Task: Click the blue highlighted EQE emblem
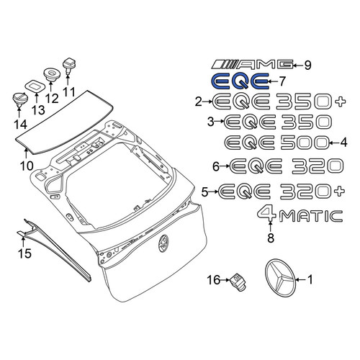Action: click(240, 81)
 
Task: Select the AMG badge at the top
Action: click(253, 64)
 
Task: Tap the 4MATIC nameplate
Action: click(300, 215)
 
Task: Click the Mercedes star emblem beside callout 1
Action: click(279, 278)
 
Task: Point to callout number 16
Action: click(214, 279)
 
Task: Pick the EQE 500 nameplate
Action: click(276, 143)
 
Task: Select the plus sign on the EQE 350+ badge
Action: click(341, 102)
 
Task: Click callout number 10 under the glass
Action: click(27, 166)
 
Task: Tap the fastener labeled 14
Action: click(19, 99)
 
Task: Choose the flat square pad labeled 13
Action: click(35, 86)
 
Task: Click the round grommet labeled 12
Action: click(51, 74)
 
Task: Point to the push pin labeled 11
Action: click(69, 65)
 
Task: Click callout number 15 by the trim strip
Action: click(24, 253)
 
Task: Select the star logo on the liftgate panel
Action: click(163, 243)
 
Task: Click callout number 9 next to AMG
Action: click(307, 65)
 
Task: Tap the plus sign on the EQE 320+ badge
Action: click(339, 192)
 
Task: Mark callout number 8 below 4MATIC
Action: click(271, 238)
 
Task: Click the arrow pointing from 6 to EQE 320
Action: click(225, 166)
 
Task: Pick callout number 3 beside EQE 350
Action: click(210, 122)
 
